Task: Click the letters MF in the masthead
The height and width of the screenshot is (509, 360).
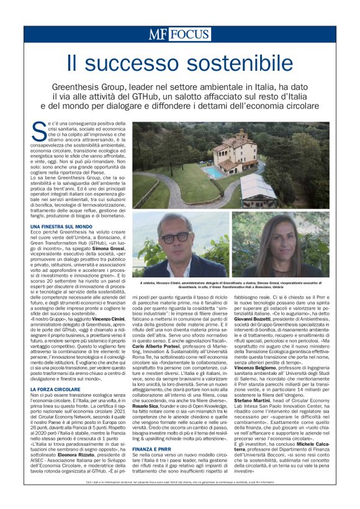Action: pyautogui.click(x=158, y=34)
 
